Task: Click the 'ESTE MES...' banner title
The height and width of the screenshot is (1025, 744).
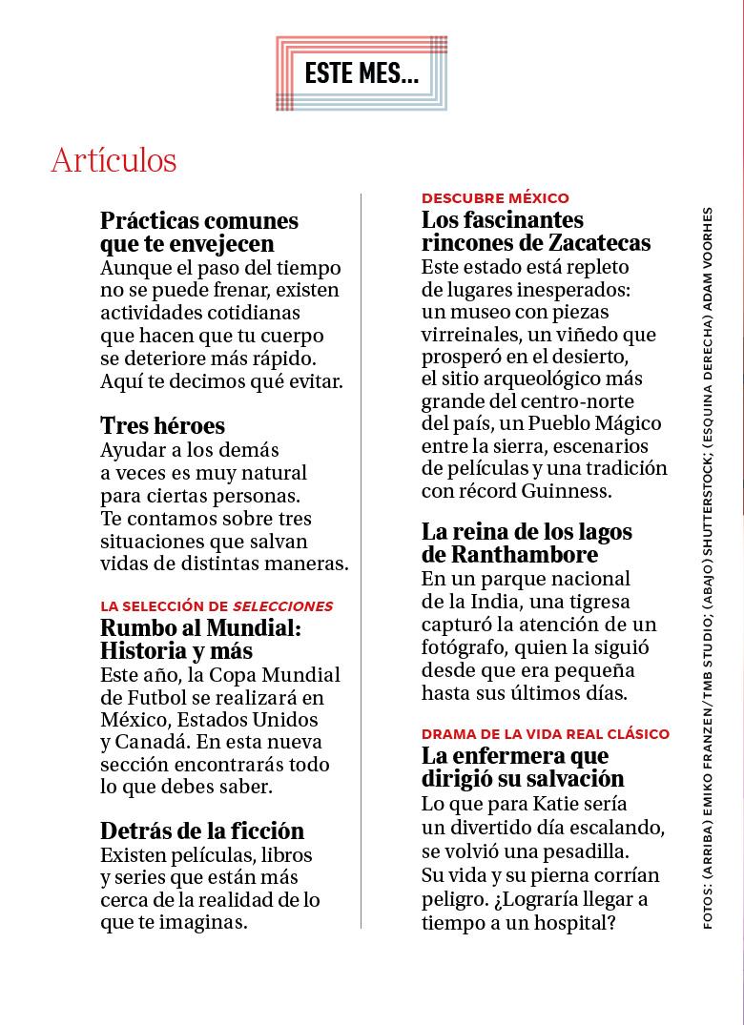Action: pos(362,73)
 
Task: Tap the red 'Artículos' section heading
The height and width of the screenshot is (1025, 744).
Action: pos(114,160)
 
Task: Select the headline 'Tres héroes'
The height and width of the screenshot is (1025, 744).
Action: pos(162,425)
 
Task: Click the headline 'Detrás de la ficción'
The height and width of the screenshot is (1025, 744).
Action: pos(202,830)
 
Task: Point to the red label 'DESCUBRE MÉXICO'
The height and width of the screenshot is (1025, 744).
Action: pos(495,198)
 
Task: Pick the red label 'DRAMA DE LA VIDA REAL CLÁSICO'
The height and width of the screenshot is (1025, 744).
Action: pos(546,734)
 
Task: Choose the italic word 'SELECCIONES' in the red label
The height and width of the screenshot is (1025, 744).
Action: pos(282,606)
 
